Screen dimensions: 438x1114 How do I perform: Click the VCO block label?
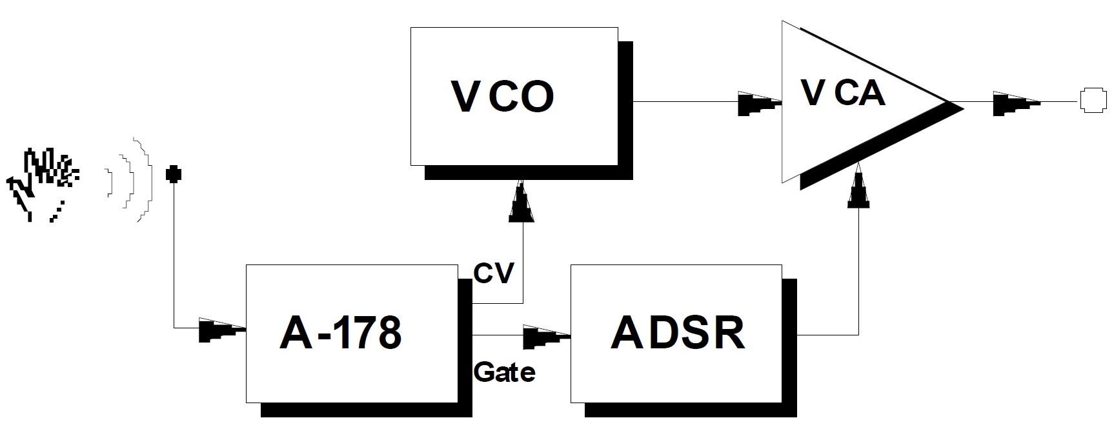tap(502, 97)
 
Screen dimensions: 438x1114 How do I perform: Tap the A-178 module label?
tap(341, 333)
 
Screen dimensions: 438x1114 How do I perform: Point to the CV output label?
tap(493, 273)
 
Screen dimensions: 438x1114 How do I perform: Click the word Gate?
tap(504, 372)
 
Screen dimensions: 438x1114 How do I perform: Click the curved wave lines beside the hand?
tap(132, 180)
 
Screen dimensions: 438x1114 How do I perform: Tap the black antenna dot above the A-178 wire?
tap(173, 174)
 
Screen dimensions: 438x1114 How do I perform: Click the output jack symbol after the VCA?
tap(1093, 102)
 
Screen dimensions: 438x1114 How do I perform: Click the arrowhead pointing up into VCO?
tap(522, 203)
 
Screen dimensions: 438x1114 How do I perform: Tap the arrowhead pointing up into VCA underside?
tap(858, 188)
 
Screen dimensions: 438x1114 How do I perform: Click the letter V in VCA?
tap(813, 94)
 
